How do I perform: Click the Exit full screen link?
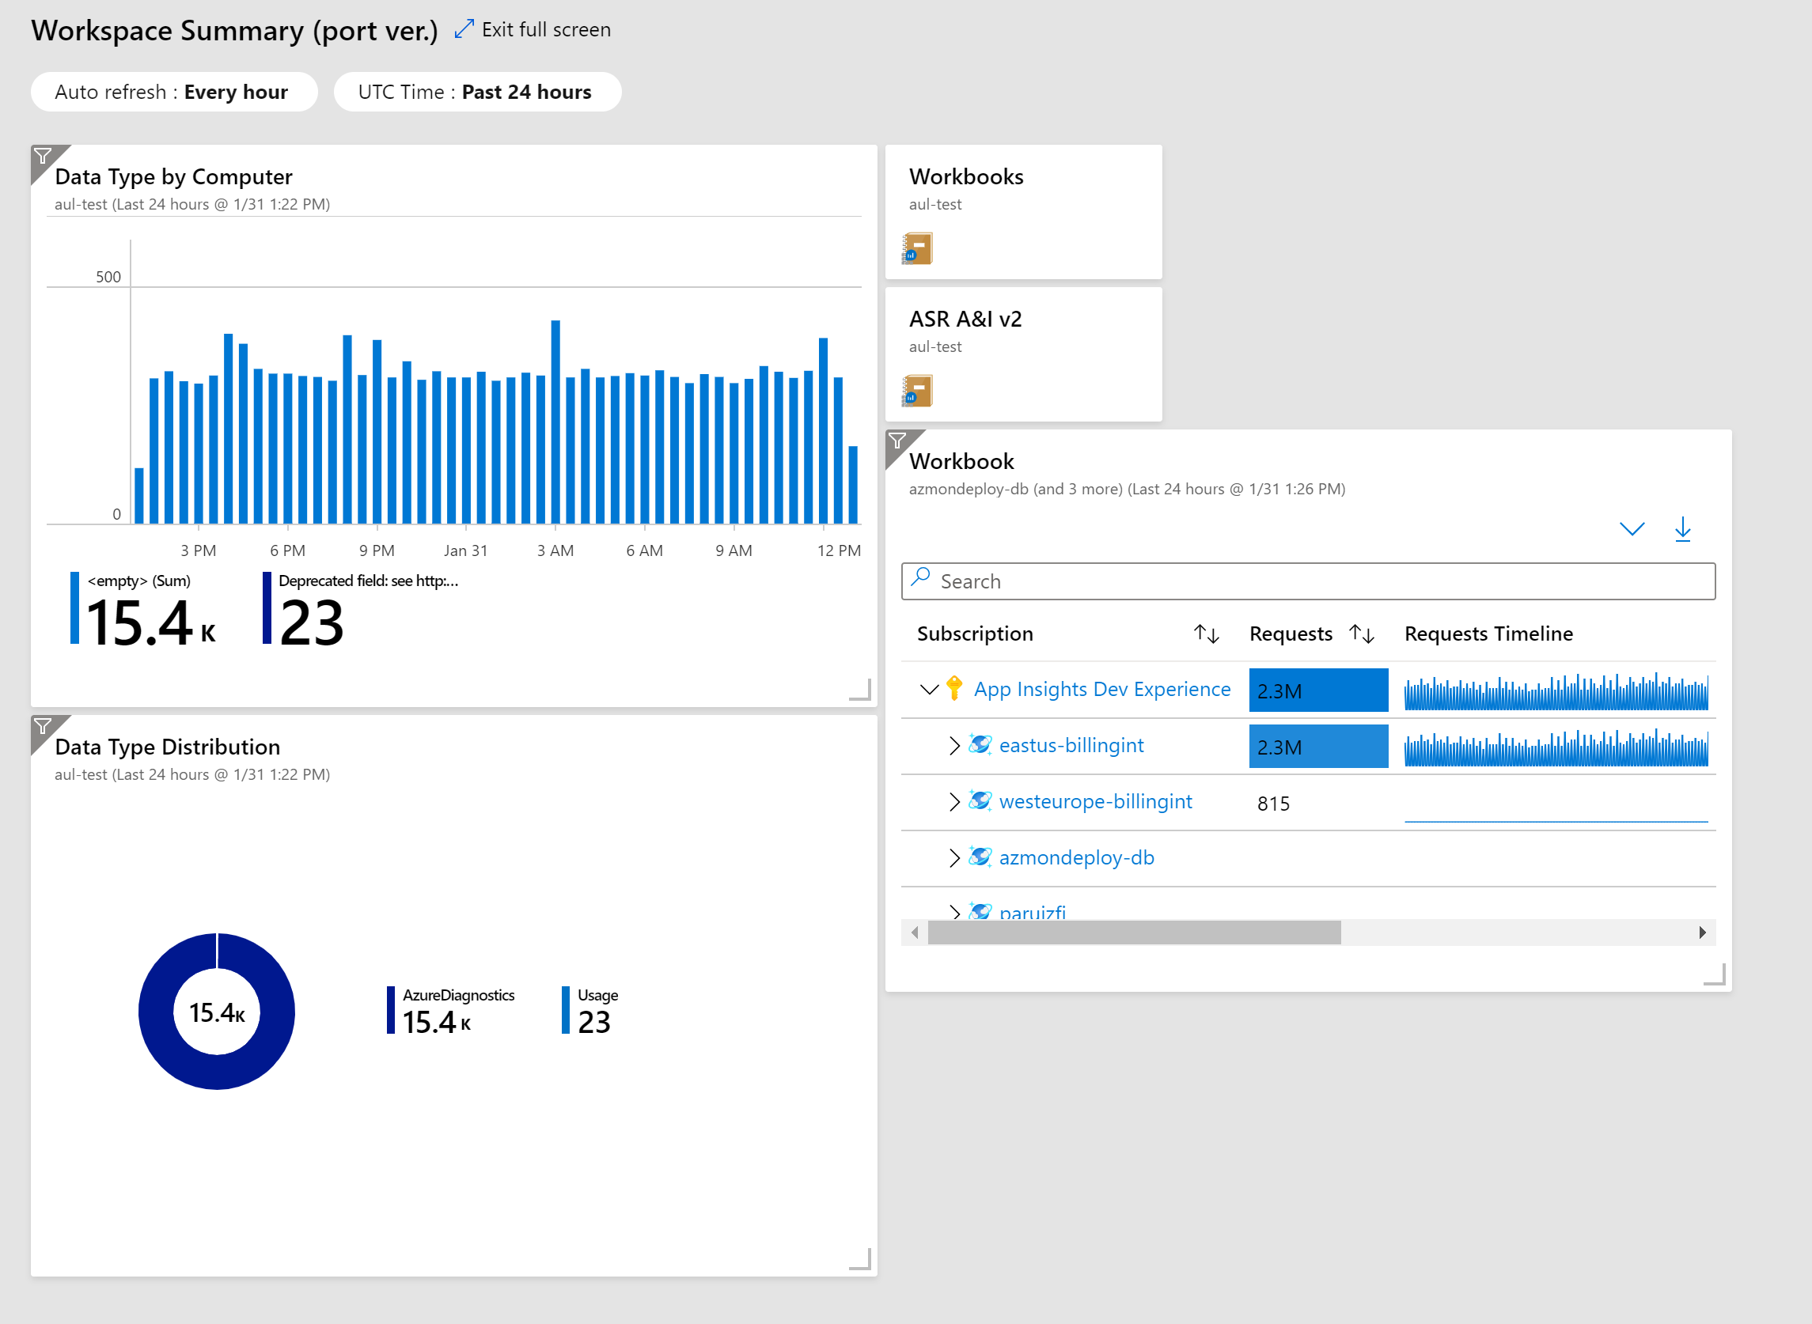[x=545, y=29]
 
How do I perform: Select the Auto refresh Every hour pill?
[x=173, y=93]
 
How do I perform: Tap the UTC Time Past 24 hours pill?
[x=476, y=93]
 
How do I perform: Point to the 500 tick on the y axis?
[x=108, y=278]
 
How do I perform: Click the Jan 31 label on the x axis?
[x=465, y=550]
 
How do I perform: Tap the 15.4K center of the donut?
[x=217, y=1012]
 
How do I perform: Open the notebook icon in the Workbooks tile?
[x=917, y=248]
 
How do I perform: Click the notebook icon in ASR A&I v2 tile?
[x=917, y=391]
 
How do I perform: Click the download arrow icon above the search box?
[x=1682, y=529]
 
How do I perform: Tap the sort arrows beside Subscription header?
[x=1206, y=634]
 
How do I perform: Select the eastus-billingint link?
[x=1071, y=745]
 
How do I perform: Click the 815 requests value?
[x=1273, y=803]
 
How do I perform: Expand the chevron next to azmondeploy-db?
[x=954, y=857]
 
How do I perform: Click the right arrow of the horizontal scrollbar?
[x=1702, y=932]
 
